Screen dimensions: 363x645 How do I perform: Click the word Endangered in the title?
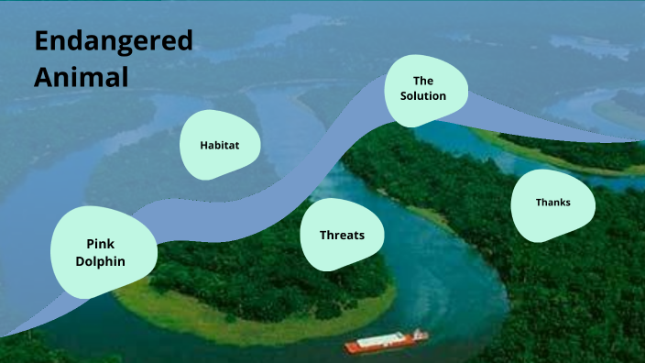pos(114,41)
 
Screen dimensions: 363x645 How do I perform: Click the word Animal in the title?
pos(81,77)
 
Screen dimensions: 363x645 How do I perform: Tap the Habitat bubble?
pos(221,145)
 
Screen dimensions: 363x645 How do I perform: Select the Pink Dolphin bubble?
pos(101,252)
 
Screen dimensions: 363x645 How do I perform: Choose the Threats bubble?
pos(341,236)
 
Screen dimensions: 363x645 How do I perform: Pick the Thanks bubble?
pos(552,203)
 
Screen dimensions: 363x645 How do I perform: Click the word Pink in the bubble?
pos(100,244)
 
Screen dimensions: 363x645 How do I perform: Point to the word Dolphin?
pos(101,261)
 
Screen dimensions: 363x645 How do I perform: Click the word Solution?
pos(423,96)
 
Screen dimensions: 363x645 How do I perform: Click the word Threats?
pos(342,236)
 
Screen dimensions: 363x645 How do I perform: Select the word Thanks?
pos(552,203)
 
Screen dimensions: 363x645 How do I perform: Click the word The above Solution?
pos(422,81)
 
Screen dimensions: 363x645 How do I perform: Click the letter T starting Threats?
pos(322,236)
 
